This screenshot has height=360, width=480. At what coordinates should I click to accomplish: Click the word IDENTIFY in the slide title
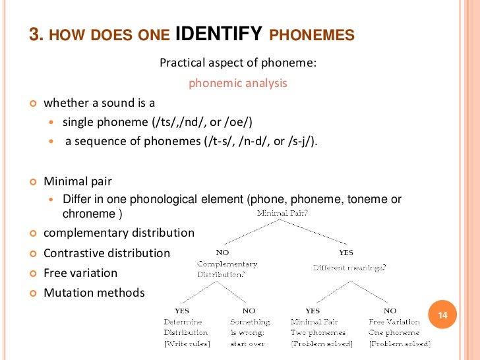click(x=219, y=35)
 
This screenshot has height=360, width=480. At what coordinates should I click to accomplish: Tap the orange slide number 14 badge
click(x=442, y=316)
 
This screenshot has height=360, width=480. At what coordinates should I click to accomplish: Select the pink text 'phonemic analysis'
click(x=238, y=83)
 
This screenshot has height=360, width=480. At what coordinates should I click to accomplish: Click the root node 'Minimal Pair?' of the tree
click(x=282, y=214)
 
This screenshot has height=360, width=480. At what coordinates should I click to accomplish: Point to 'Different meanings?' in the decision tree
click(x=349, y=268)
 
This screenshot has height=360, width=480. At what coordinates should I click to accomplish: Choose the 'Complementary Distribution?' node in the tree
click(x=227, y=269)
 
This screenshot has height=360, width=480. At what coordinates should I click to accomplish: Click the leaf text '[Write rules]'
click(x=187, y=344)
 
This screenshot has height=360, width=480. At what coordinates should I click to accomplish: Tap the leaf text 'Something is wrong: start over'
click(x=250, y=332)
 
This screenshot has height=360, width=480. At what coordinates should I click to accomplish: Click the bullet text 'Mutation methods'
click(x=94, y=293)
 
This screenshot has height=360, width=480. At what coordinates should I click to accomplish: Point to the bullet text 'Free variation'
click(x=80, y=273)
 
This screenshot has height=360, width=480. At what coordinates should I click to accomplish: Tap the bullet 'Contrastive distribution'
click(x=106, y=253)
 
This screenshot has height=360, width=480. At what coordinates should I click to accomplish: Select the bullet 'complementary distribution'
click(x=119, y=233)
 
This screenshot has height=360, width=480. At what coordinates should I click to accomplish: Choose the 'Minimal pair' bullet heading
click(x=77, y=181)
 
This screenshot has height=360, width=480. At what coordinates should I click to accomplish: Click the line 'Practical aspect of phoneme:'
click(x=238, y=63)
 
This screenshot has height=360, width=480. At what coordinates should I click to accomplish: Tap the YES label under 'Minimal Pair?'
click(x=345, y=253)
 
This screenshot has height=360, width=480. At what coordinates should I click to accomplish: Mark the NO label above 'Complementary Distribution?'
click(x=223, y=253)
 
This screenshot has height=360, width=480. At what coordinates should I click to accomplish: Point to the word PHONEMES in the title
click(x=313, y=36)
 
